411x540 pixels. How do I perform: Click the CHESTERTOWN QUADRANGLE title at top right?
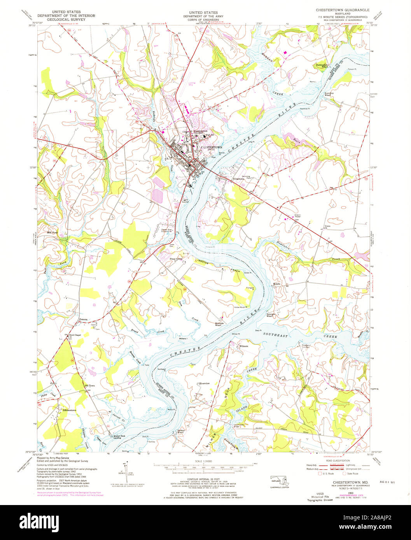343,9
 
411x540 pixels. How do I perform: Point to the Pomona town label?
83,320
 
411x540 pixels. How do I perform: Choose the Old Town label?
89,385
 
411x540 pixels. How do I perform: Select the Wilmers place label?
243,346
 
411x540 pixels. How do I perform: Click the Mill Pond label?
52,232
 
